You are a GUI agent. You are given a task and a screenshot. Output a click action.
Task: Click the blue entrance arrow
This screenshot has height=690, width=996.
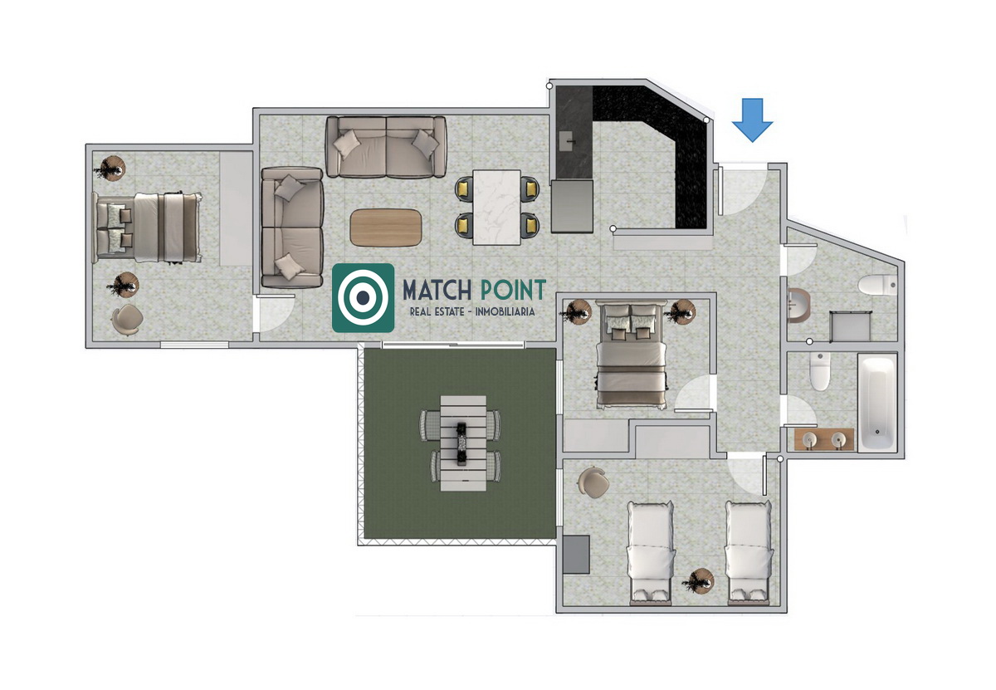pos(752,120)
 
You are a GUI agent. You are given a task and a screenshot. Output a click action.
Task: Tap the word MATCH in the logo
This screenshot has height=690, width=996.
pos(437,291)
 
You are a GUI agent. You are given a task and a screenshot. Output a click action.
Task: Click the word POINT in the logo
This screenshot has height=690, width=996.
pos(514,291)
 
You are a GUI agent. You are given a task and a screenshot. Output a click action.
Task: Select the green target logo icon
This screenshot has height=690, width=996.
pos(364,297)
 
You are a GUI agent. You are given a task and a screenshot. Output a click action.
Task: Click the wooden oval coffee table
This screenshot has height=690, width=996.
pos(386,228)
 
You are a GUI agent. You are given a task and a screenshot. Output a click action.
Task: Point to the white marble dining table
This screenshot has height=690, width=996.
pos(496,207)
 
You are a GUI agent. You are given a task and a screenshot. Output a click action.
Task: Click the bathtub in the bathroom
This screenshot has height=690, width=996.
pos(877,403)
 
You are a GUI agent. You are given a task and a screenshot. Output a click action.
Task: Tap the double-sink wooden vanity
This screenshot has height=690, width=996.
pos(824,439)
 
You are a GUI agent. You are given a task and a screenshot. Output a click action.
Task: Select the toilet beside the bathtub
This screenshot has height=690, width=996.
pos(820,371)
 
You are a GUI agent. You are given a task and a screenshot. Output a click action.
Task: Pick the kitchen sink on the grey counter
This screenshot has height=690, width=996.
pos(568,141)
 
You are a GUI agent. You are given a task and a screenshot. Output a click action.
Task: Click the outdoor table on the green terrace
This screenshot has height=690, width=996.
pos(463,443)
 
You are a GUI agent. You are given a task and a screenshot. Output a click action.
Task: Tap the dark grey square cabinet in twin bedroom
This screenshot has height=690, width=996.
pos(576,555)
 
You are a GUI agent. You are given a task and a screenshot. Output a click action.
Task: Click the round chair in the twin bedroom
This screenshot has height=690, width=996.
pos(593,482)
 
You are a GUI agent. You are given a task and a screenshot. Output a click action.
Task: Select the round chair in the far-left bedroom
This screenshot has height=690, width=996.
pos(128,320)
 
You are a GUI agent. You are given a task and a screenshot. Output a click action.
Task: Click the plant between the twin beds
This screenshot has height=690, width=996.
pos(700,581)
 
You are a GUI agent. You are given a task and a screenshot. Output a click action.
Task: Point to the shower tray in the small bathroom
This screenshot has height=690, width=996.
pos(851,326)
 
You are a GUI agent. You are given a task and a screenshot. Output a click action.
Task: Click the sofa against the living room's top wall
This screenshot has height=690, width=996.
pos(386,147)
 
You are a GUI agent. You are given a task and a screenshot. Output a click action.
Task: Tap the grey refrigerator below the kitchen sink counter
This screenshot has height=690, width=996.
pos(572,206)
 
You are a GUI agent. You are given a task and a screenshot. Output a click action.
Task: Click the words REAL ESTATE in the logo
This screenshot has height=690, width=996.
pos(437,312)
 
